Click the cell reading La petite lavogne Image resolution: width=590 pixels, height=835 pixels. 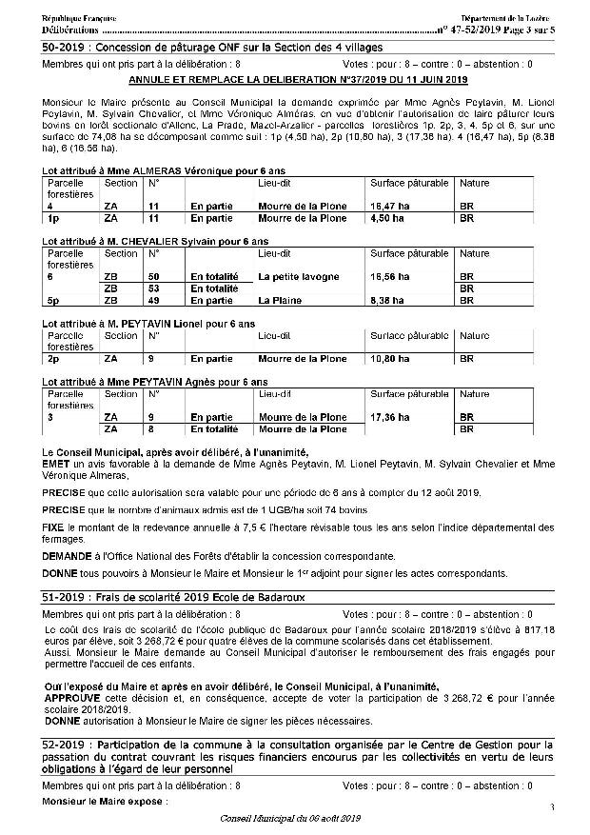(298, 276)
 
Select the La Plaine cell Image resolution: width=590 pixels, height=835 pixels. (280, 300)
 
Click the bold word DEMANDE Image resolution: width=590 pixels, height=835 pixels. (68, 554)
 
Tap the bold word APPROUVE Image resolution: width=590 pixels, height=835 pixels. (72, 697)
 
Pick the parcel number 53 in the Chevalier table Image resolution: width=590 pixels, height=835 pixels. (152, 288)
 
